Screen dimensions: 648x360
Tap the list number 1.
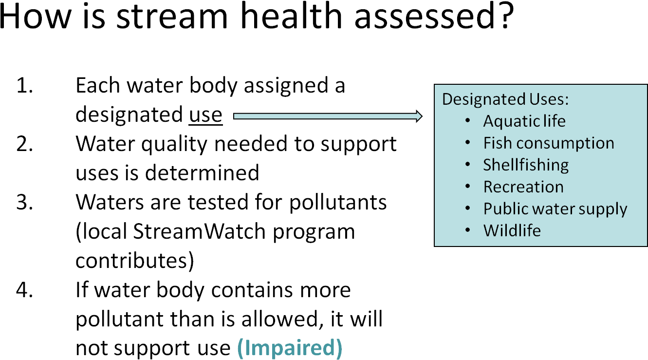point(24,85)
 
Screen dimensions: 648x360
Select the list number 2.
point(25,144)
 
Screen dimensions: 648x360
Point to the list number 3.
point(25,202)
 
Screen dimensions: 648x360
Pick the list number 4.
point(25,289)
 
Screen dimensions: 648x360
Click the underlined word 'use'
point(205,115)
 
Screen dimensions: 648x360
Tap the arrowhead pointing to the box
point(419,116)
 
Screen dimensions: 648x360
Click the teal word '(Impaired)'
point(290,348)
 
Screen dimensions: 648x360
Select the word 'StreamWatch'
point(199,231)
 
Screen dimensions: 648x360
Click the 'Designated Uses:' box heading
point(505,99)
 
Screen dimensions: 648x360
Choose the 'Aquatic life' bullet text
point(524,121)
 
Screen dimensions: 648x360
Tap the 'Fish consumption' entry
point(549,143)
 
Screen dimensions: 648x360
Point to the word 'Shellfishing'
point(526,165)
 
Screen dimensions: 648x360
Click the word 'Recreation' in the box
point(523,187)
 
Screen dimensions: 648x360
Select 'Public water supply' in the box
point(555,209)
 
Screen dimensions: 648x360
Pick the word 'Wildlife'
point(512,230)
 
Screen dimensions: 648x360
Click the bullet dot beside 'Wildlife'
point(468,230)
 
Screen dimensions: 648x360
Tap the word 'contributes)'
point(135,261)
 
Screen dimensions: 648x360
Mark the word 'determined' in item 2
point(202,173)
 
